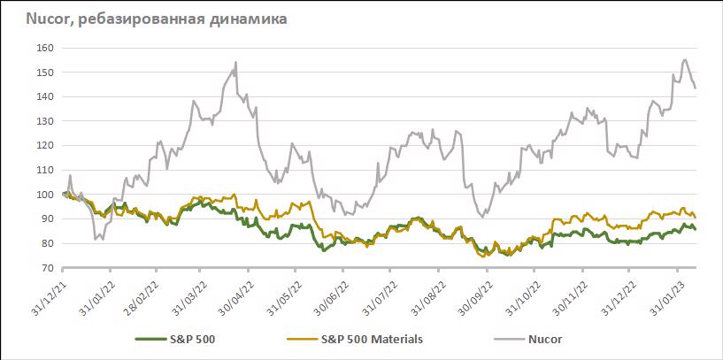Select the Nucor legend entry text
pyautogui.click(x=544, y=338)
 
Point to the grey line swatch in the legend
pyautogui.click(x=505, y=338)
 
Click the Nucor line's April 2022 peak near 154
pyautogui.click(x=235, y=62)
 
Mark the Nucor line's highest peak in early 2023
pyautogui.click(x=685, y=60)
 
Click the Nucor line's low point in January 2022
pyautogui.click(x=95, y=239)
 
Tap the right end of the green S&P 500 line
pyautogui.click(x=696, y=229)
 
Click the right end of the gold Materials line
pyautogui.click(x=696, y=217)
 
